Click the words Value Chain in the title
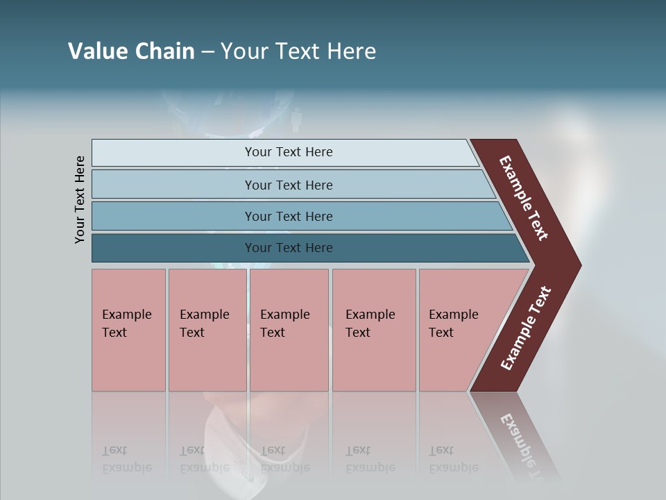point(131,51)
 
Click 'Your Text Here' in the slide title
point(298,51)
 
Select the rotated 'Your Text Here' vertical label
point(80,199)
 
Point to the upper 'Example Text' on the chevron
point(524,198)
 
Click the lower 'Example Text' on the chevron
point(525,328)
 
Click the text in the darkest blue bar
point(289,248)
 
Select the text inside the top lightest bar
point(289,152)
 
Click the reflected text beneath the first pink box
point(126,460)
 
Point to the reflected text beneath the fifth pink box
point(453,460)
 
